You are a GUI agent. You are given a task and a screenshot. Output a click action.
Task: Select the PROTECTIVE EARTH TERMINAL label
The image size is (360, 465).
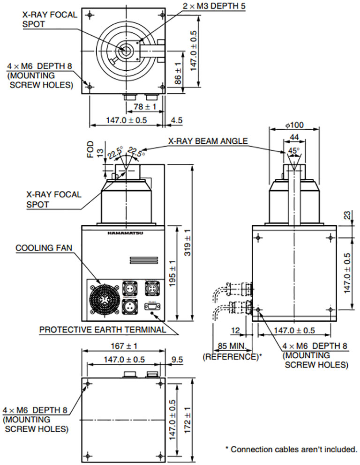(x=102, y=330)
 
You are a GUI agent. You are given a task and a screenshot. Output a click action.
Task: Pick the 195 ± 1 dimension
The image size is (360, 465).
(x=172, y=274)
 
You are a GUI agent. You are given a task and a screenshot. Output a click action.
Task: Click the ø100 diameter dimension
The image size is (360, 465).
(x=294, y=125)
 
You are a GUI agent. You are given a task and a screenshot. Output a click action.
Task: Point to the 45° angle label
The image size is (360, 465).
(x=294, y=151)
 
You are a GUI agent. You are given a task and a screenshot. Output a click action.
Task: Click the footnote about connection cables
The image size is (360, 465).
(x=291, y=449)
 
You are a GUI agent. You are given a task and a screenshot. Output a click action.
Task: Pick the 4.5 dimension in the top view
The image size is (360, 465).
(x=177, y=120)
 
